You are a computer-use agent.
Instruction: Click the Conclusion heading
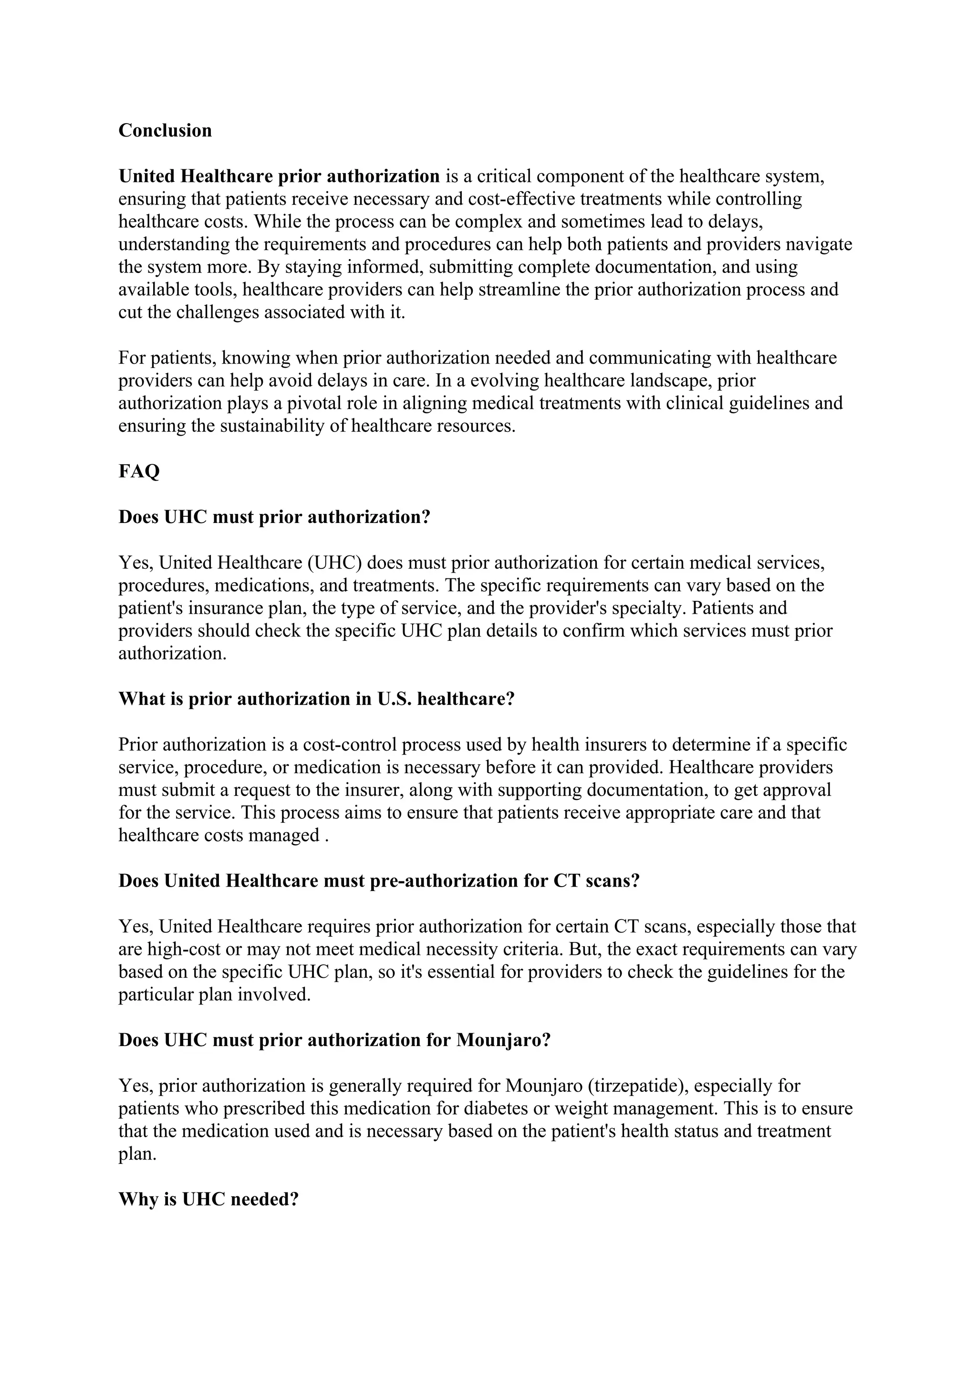(x=165, y=131)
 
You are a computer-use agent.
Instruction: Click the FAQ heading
(x=139, y=471)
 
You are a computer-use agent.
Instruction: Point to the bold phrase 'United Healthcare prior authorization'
(x=279, y=177)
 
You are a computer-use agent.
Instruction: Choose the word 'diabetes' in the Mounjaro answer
(x=500, y=1108)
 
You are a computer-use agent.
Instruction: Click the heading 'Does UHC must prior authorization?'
(x=274, y=517)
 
